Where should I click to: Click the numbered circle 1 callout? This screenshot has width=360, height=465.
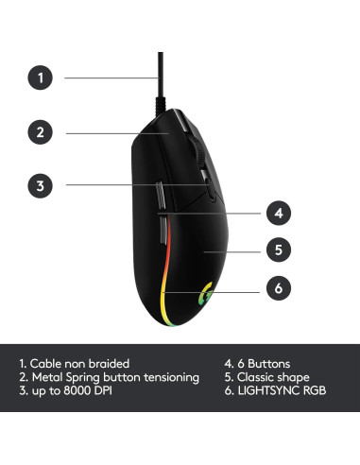tap(40, 77)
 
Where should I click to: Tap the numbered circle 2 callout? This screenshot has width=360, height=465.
tap(40, 132)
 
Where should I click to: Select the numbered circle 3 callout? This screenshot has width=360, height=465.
tap(40, 185)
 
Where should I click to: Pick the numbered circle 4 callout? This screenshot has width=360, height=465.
tap(277, 213)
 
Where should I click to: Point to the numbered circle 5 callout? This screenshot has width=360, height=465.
tap(277, 250)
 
